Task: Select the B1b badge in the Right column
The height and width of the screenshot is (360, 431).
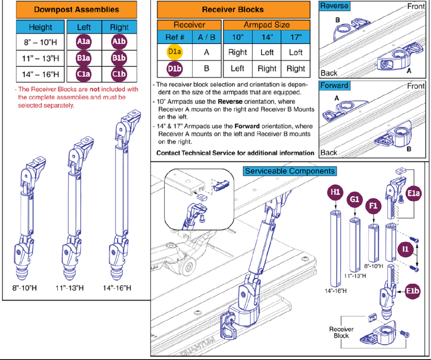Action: click(119, 58)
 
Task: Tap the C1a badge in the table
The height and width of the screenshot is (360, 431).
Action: click(84, 74)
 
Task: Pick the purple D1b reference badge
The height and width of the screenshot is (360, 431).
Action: click(175, 69)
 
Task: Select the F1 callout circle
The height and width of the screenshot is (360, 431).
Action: click(373, 206)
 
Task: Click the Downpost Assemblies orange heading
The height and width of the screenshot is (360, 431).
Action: click(76, 9)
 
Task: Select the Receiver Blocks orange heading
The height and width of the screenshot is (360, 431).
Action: click(233, 9)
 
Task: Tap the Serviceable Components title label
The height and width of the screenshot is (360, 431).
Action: click(290, 171)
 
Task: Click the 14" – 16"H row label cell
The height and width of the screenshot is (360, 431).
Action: click(41, 74)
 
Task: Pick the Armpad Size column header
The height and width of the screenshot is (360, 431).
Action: click(267, 25)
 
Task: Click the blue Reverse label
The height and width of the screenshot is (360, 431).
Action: click(334, 6)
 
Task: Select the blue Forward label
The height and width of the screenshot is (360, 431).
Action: click(334, 85)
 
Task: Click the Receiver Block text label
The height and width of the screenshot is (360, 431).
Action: click(341, 332)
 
